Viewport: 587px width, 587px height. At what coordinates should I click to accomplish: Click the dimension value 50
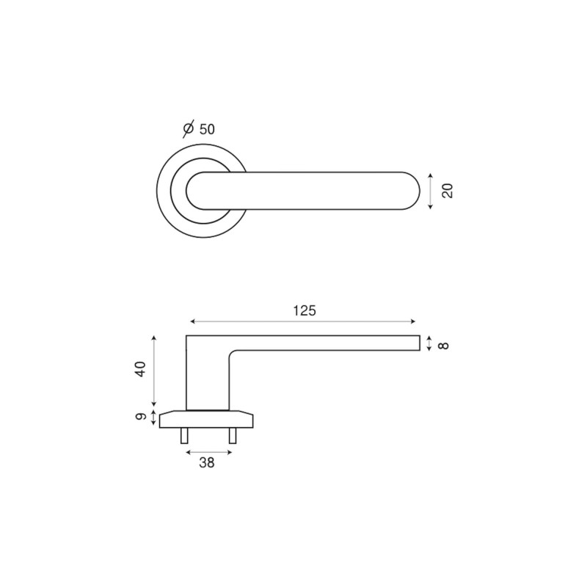(x=207, y=130)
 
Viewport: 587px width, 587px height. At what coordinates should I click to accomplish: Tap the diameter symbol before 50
(x=189, y=129)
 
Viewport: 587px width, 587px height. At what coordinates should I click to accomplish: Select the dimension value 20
(x=448, y=191)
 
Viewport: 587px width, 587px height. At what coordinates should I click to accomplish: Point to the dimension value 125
(x=305, y=310)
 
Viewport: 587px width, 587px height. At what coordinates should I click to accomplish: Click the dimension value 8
(x=444, y=345)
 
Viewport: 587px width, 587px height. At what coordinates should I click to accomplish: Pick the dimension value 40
(x=140, y=369)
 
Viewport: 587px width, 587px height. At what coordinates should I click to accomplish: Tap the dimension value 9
(x=140, y=417)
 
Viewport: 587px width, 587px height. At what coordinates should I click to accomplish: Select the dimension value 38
(x=207, y=463)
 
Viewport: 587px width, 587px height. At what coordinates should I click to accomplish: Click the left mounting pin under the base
(x=184, y=436)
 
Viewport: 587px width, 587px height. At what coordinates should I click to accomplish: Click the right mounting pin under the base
(x=233, y=436)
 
